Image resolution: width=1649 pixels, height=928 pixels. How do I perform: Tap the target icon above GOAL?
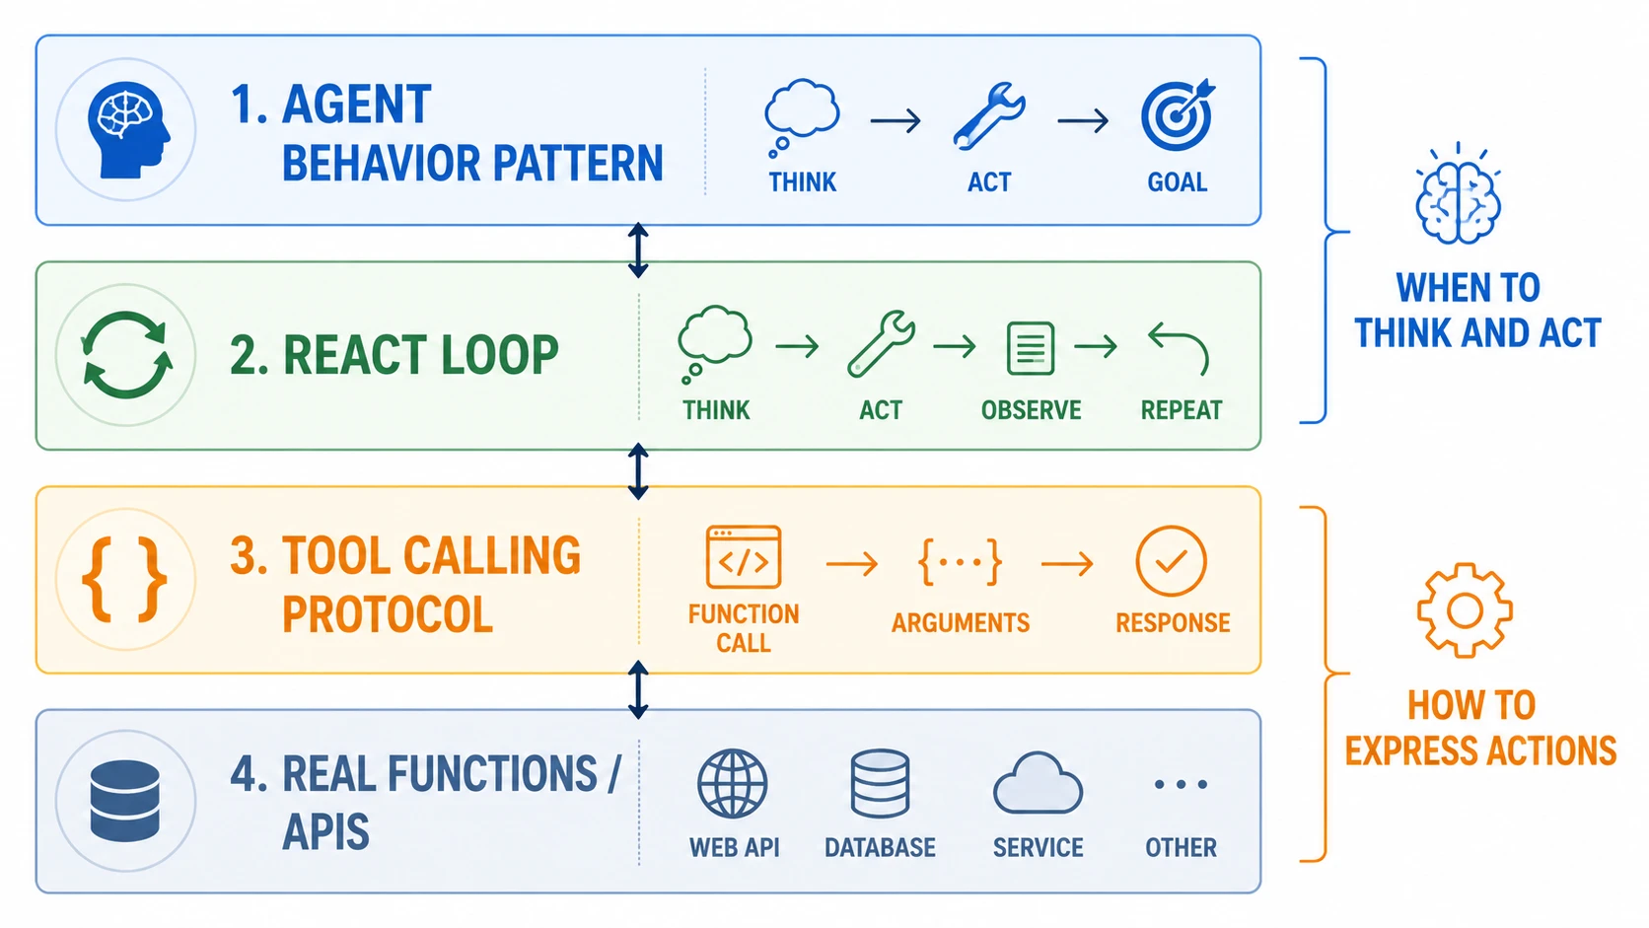click(1178, 114)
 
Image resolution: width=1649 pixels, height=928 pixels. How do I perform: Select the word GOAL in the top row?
click(1178, 181)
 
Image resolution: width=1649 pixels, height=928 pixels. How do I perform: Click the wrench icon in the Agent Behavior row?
click(988, 116)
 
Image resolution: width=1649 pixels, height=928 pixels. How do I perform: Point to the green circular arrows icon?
click(126, 355)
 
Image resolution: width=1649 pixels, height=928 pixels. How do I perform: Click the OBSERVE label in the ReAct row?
click(1031, 410)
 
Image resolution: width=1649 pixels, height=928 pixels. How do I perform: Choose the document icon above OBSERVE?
click(1030, 348)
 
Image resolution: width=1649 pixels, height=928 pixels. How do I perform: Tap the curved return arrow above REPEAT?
click(1178, 347)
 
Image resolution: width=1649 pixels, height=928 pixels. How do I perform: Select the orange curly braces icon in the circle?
click(124, 579)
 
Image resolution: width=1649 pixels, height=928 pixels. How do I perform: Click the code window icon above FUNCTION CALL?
click(743, 556)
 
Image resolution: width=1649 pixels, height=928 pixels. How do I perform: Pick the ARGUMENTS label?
click(960, 623)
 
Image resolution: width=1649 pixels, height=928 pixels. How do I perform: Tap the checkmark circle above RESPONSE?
click(1171, 561)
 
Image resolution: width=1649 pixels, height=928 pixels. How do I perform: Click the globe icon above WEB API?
click(733, 784)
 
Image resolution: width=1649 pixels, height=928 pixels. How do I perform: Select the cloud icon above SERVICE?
click(1038, 783)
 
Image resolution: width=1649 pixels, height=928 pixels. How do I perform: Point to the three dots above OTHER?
click(1181, 784)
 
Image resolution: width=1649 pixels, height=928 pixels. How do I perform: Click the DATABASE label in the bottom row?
click(880, 848)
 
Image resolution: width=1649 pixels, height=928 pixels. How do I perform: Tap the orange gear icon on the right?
click(1465, 610)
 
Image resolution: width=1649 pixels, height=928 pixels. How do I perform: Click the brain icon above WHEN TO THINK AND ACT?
click(1458, 194)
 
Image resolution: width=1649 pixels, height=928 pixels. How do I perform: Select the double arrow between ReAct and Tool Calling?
click(638, 471)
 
